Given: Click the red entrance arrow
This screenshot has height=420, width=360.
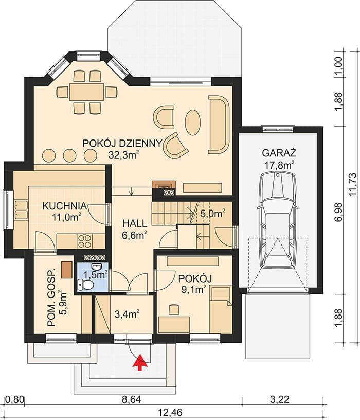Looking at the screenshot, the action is pos(139,362).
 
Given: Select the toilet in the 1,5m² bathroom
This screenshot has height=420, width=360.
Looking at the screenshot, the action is pos(85,285).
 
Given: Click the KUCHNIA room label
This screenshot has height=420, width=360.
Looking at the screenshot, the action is pos(64,206).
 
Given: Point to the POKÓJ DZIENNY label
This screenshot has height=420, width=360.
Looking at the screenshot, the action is pos(122,144).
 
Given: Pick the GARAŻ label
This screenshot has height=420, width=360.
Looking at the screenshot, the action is pos(279,153).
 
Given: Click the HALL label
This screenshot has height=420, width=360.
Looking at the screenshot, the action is pos(135,223).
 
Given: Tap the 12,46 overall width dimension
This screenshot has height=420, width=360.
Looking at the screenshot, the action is pos(168,412).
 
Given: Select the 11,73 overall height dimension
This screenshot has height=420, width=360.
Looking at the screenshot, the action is pos(353,185).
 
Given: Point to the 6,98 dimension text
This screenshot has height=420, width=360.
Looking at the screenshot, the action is pos(339,212).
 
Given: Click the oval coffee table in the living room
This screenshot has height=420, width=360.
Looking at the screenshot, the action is pos(192,122).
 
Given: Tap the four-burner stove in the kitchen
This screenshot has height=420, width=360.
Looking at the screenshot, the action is pos(84,241).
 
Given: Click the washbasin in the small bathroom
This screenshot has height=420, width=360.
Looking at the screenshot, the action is pos(96,266).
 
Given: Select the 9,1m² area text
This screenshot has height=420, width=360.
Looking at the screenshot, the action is pos(194,290).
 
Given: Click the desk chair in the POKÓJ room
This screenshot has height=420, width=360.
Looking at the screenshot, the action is pos(174,309).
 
